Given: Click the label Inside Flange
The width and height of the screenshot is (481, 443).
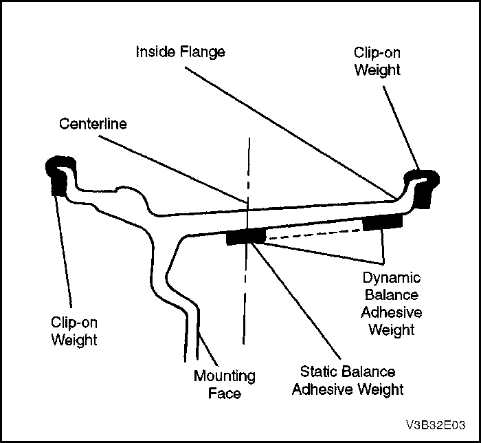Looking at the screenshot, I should point(180,52).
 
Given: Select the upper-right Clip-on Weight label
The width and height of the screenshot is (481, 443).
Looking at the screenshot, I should point(377,61).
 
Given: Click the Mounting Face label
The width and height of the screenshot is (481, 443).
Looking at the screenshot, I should point(224,385).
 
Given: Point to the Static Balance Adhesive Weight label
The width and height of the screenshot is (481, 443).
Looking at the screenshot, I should point(347,380).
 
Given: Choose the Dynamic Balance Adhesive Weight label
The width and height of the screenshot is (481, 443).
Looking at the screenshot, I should point(392,303).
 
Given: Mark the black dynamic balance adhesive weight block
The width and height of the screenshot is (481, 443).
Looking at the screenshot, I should point(383,221).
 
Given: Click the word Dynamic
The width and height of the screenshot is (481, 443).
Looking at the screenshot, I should point(392,278).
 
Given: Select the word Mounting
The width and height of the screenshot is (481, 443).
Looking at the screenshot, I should point(224,376).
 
